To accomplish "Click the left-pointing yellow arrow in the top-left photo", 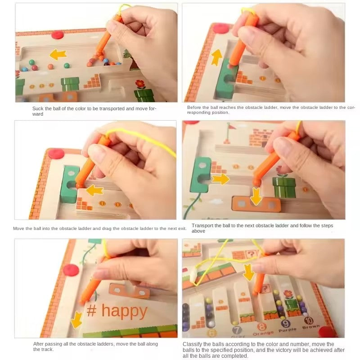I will [x=58, y=55].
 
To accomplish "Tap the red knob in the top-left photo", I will [x=58, y=35].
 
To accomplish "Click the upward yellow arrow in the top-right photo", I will [x=217, y=58].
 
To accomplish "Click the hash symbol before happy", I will [x=91, y=310].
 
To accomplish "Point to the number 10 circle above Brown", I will [x=308, y=320].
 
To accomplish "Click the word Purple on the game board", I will [x=287, y=329].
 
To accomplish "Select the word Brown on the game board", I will [x=311, y=327].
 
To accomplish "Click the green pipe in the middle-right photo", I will [x=285, y=186].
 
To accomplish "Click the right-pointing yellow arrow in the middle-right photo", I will [x=221, y=179].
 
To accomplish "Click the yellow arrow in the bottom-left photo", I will [x=76, y=319].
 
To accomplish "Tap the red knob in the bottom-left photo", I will [x=71, y=270].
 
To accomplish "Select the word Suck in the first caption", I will [x=38, y=108].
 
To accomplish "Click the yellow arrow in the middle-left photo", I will [x=94, y=190].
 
